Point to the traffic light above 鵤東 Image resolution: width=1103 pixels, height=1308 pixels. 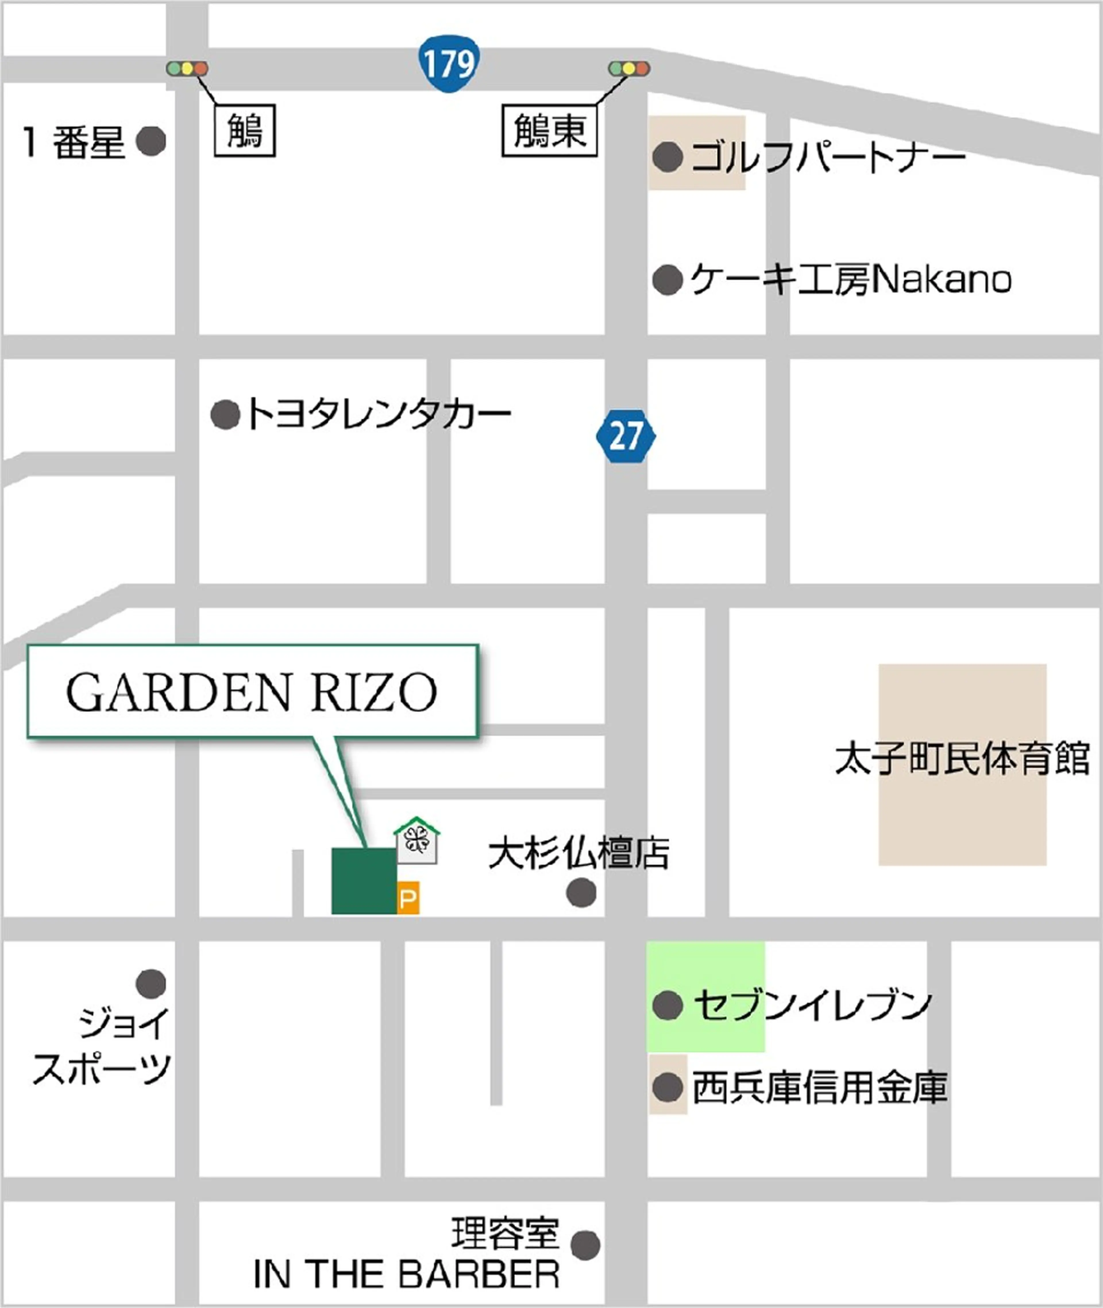click(x=629, y=68)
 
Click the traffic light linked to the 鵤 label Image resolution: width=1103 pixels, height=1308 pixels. click(x=186, y=68)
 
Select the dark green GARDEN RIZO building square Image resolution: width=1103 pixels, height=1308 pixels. click(x=363, y=880)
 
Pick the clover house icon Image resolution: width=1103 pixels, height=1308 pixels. click(x=416, y=841)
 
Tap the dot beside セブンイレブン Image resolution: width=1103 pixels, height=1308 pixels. click(x=667, y=1005)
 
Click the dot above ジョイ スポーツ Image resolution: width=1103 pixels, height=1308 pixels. click(x=151, y=983)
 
